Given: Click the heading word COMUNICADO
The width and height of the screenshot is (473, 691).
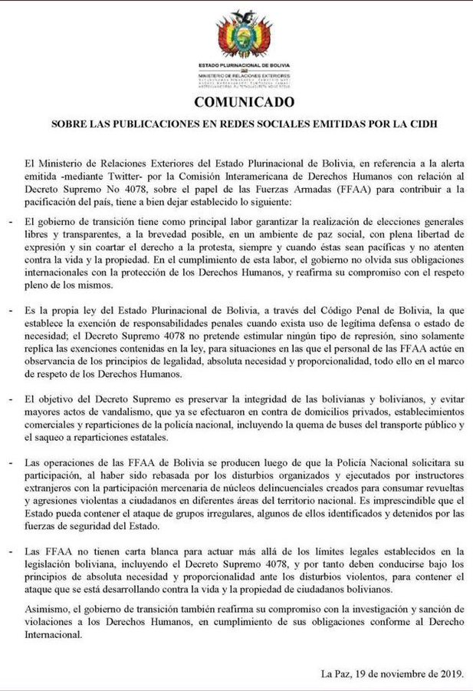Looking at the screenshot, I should [237, 101].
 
